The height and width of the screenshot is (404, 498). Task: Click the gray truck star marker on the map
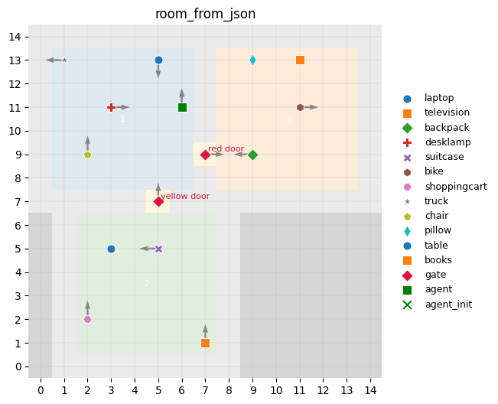tap(64, 60)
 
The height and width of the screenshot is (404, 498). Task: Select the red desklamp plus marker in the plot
tap(111, 107)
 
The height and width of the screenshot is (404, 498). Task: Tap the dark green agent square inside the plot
tap(182, 107)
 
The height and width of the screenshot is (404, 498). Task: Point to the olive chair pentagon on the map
tap(87, 155)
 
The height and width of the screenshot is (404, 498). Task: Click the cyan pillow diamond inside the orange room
tap(252, 60)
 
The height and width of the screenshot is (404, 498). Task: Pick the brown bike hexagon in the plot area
tap(300, 107)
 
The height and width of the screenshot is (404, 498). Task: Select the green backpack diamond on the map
tap(252, 155)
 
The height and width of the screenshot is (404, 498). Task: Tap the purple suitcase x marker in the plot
tap(158, 249)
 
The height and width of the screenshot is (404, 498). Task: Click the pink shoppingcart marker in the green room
tap(87, 319)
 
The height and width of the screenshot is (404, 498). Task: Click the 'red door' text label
tap(226, 148)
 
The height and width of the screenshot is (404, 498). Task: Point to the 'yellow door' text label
tap(184, 196)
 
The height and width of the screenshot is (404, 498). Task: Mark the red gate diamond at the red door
tap(205, 155)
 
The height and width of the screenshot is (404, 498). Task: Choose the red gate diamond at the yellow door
tap(158, 201)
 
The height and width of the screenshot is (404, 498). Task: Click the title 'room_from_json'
tap(205, 14)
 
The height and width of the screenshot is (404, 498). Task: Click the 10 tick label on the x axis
tap(276, 391)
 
